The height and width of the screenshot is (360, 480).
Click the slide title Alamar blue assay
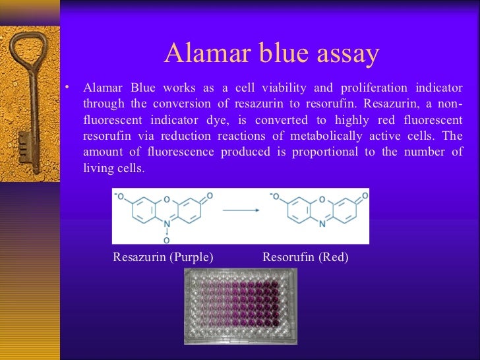271,53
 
